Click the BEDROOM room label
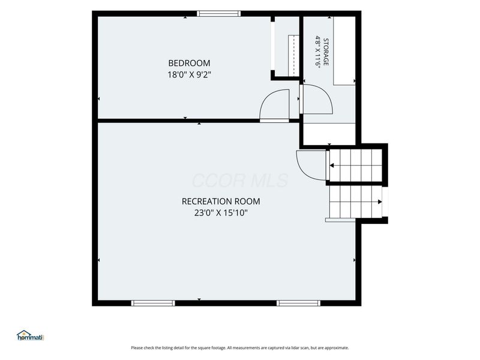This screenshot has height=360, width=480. pos(189,63)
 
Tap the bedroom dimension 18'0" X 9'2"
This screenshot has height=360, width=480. pos(189,74)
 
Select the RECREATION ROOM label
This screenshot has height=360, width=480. pos(221,202)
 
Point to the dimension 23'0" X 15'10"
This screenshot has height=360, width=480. pos(221,213)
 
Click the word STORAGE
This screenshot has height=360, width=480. pos(326,52)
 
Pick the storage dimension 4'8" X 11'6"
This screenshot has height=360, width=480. pos(318,52)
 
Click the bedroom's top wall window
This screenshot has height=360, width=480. pos(218,13)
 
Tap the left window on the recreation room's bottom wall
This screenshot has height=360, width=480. pos(153,303)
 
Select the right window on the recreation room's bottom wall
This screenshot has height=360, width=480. pos(298,303)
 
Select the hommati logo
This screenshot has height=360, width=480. pos(31,335)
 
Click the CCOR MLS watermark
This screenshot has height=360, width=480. pos(240,181)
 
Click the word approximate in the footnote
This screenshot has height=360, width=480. pos(337,348)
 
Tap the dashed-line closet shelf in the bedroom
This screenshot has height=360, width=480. pos(293,55)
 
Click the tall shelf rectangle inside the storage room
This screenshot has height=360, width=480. pos(344,51)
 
